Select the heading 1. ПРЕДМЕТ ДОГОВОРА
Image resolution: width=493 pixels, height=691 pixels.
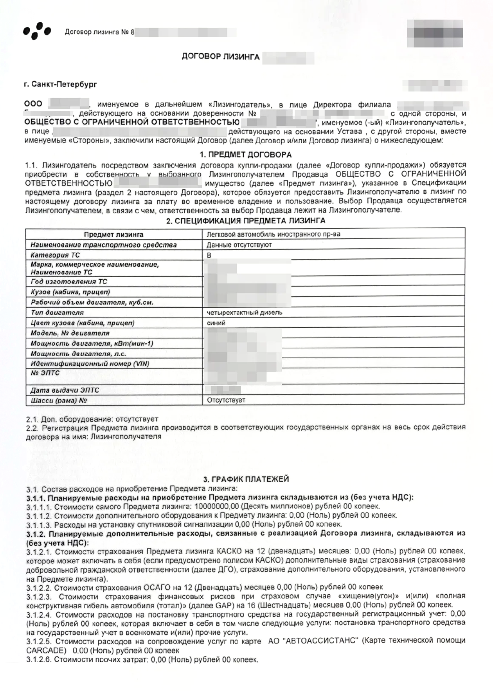pos(246,155)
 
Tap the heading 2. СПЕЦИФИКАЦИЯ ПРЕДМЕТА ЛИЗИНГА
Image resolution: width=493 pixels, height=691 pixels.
pos(246,221)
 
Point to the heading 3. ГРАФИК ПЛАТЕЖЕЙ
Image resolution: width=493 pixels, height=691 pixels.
pos(246,479)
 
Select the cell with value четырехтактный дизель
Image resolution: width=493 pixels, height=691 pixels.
pos(245,312)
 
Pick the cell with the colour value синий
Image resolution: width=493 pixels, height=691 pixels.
pos(216,323)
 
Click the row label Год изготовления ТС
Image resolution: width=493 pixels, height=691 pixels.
pos(69,281)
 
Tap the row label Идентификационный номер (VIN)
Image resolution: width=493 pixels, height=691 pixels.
pos(90,364)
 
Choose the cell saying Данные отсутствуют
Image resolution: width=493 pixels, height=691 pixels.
pos(239,245)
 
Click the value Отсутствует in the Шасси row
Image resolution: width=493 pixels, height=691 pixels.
pos(226,400)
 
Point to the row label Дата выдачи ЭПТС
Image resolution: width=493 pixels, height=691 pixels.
pos(65,390)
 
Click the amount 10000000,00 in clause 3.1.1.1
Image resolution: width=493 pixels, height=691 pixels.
pos(217,506)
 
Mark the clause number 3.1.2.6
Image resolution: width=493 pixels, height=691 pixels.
pos(39,660)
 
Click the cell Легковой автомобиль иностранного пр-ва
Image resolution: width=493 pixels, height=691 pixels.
pos(273,235)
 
